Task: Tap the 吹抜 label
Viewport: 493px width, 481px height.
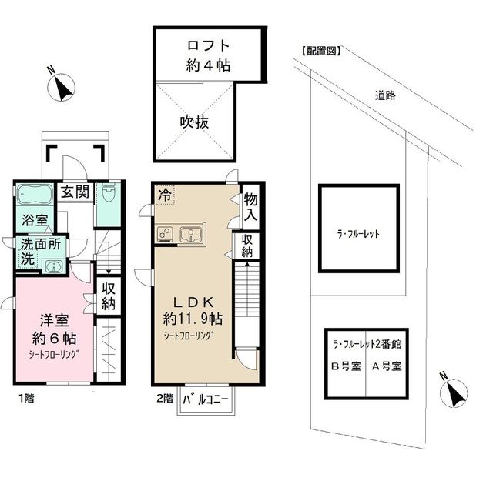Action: (x=195, y=121)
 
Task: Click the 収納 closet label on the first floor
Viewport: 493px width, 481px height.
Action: (x=108, y=296)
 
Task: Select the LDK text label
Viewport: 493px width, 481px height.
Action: (x=191, y=301)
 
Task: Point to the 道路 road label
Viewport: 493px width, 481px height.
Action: (x=385, y=95)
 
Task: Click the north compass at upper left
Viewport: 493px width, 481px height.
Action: (x=62, y=87)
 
